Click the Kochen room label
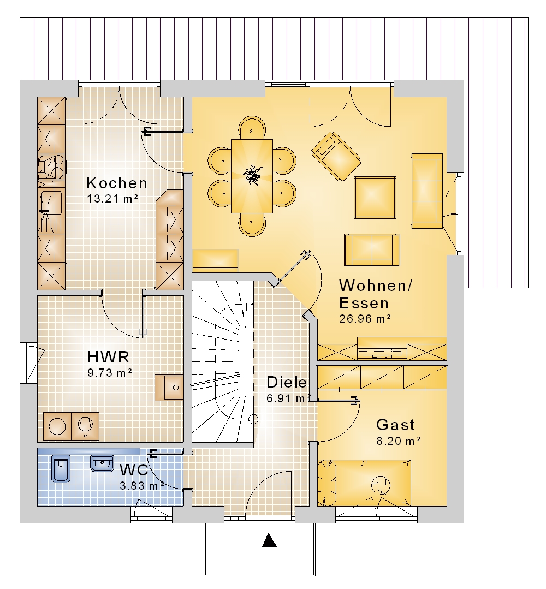coord(117,183)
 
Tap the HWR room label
coord(108,356)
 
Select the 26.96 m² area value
coord(365,319)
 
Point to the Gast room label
coord(395,425)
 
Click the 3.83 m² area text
coord(142,486)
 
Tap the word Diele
coord(286,382)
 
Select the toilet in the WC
coord(60,468)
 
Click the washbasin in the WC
coord(102,463)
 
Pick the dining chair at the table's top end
coord(252,128)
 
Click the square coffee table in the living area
coord(375,197)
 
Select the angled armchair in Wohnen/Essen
coord(336,156)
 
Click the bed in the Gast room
coord(364,483)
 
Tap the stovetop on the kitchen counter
coord(51,167)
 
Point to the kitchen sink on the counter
coord(50,203)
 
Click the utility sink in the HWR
coord(169,387)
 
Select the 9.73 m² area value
coord(110,373)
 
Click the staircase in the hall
coord(222,362)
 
